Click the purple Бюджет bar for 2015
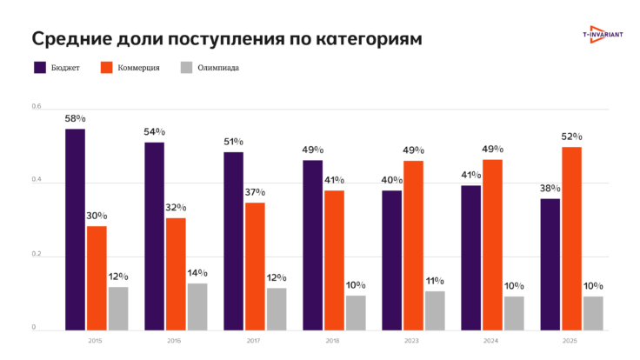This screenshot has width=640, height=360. [x=75, y=229]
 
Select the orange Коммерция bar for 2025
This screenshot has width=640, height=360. [x=571, y=238]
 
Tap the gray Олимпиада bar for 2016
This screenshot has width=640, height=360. [x=197, y=306]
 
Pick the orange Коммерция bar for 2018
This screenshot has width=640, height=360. [x=334, y=260]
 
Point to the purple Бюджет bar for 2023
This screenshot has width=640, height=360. [x=391, y=260]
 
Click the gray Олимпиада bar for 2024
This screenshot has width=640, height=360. [x=514, y=313]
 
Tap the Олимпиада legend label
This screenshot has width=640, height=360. [x=217, y=67]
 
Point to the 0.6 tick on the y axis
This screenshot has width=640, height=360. [x=36, y=107]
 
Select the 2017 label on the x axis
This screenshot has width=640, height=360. [x=254, y=341]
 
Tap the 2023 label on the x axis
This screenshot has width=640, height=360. [x=412, y=341]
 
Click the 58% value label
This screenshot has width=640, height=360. [x=75, y=117]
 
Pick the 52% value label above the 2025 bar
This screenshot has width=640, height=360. [x=571, y=137]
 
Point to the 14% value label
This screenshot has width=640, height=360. [x=198, y=273]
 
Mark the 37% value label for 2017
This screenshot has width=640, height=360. [x=255, y=192]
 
